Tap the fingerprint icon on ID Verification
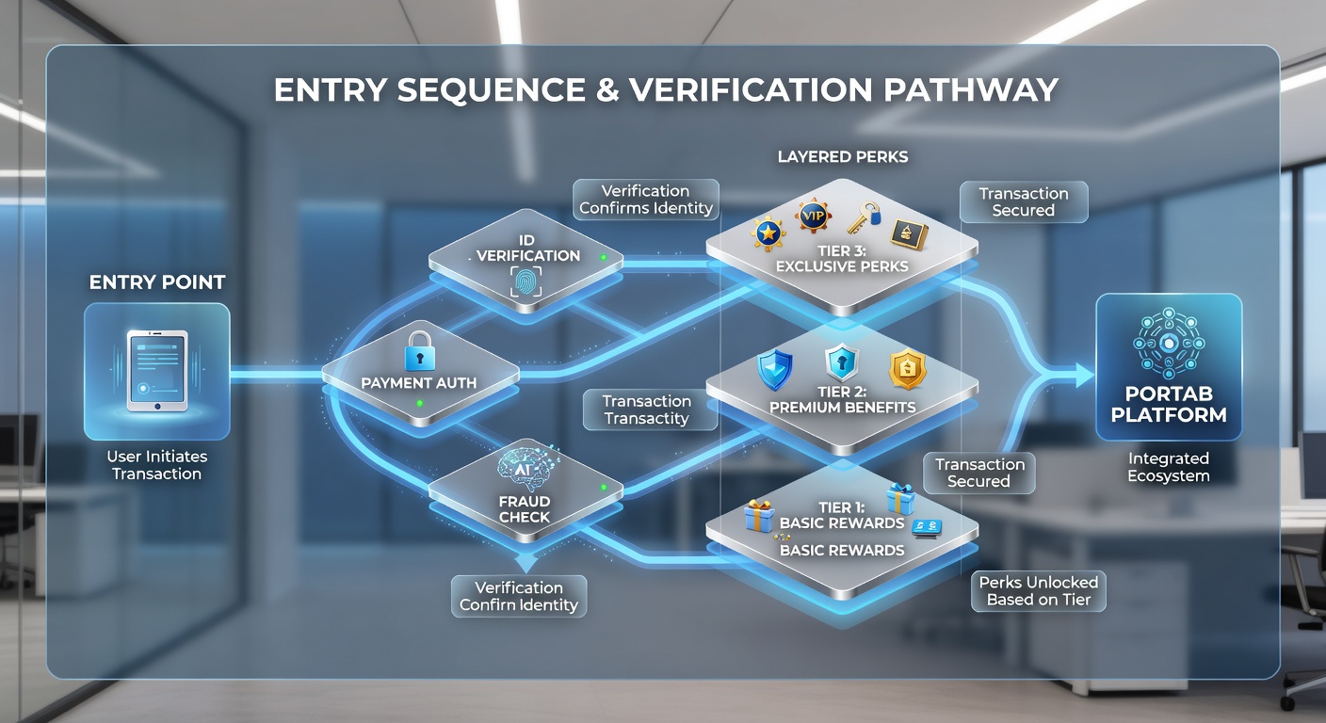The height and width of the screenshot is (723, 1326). tap(526, 281)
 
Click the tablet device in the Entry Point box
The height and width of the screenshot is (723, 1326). tap(157, 371)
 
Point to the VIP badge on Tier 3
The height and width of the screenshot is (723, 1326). tap(813, 216)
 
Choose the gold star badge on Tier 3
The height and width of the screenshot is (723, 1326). tap(768, 233)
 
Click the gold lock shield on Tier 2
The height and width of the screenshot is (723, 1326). tap(908, 368)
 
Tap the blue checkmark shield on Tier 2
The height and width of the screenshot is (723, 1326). tap(775, 369)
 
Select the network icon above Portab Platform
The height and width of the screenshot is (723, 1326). tap(1169, 344)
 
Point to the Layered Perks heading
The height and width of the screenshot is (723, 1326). tap(842, 157)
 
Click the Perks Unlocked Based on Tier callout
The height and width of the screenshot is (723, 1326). tap(1039, 591)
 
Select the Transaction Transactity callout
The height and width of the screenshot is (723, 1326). tap(647, 410)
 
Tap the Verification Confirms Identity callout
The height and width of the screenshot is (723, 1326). tap(646, 200)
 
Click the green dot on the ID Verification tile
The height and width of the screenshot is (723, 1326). tap(604, 257)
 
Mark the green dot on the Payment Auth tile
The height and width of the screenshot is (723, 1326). tap(420, 404)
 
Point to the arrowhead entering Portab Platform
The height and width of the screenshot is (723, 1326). tap(1085, 376)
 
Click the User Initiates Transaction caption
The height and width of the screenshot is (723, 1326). tap(157, 465)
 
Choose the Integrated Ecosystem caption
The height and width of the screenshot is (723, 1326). tap(1169, 467)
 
